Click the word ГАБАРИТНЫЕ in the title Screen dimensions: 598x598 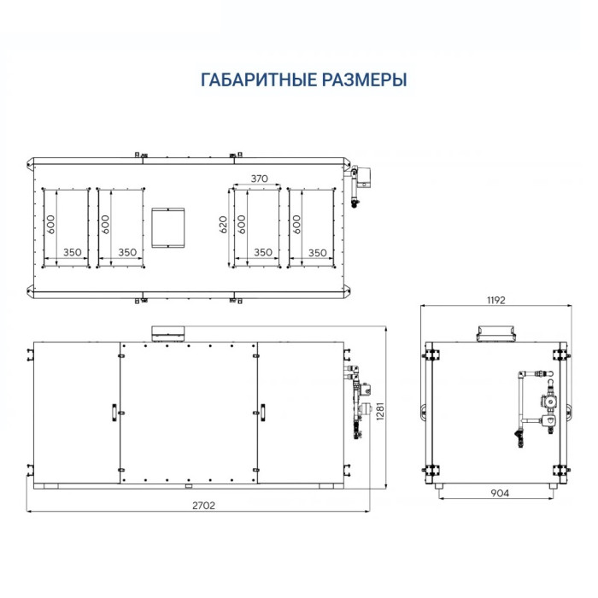point(249,80)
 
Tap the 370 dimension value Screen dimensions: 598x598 point(260,179)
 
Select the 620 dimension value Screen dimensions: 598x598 point(224,225)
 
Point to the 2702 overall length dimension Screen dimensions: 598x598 point(203,505)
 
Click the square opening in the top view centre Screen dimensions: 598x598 point(167,226)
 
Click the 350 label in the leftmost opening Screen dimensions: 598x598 point(73,253)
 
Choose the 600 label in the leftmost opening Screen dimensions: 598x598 point(51,225)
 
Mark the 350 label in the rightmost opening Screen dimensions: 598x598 point(317,253)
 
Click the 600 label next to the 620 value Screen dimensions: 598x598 point(242,225)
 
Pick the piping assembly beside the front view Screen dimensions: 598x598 point(356,397)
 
